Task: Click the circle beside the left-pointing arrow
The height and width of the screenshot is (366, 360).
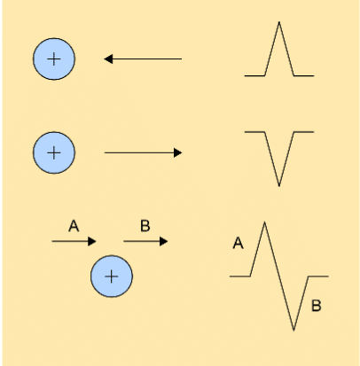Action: click(54, 60)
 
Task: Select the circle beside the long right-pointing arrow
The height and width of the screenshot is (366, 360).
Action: click(54, 152)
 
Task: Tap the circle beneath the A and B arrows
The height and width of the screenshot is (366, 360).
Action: click(111, 276)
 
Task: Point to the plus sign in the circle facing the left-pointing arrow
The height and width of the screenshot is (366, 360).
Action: click(54, 60)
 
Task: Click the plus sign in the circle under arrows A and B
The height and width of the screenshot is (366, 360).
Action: click(111, 276)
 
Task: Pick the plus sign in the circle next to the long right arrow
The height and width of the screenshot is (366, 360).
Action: click(54, 152)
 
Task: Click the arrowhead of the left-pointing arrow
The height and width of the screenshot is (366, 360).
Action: click(108, 59)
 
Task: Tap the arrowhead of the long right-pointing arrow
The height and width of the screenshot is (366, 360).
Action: click(177, 153)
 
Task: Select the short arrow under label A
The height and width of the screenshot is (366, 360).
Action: click(74, 240)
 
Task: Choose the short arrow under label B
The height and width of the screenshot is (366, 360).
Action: click(145, 240)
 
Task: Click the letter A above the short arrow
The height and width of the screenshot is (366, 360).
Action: click(74, 227)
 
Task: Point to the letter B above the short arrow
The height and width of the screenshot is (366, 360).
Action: click(145, 227)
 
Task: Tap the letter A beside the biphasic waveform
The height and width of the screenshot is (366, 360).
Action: click(238, 242)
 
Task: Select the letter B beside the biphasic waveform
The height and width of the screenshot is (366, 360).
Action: click(317, 308)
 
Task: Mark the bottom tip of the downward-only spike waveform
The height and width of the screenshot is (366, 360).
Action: click(279, 186)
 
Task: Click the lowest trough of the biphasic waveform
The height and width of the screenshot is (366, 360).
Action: click(294, 331)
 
